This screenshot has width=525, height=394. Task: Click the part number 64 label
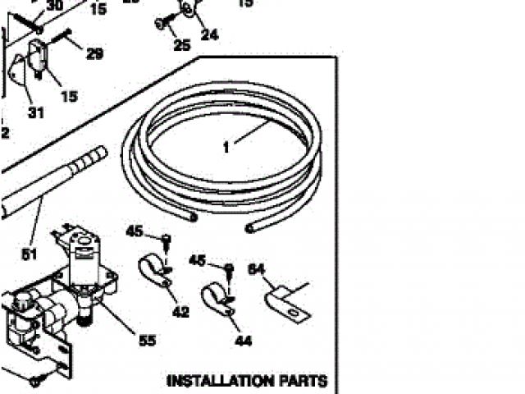[x=258, y=268]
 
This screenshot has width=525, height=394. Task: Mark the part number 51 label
[x=29, y=254]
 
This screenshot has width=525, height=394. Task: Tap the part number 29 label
[x=94, y=54]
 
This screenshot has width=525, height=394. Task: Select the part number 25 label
[x=181, y=44]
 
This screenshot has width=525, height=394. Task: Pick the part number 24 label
[x=210, y=34]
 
